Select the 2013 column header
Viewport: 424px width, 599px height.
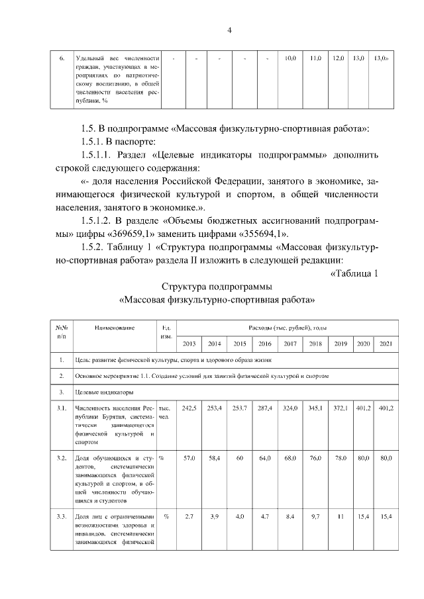(189, 344)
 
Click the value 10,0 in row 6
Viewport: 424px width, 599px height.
(290, 59)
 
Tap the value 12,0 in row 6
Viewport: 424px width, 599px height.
(339, 59)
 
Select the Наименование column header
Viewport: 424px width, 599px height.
(115, 327)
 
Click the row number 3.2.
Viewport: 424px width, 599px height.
(61, 458)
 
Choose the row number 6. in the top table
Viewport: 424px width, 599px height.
(61, 59)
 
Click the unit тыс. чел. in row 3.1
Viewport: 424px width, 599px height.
(166, 412)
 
